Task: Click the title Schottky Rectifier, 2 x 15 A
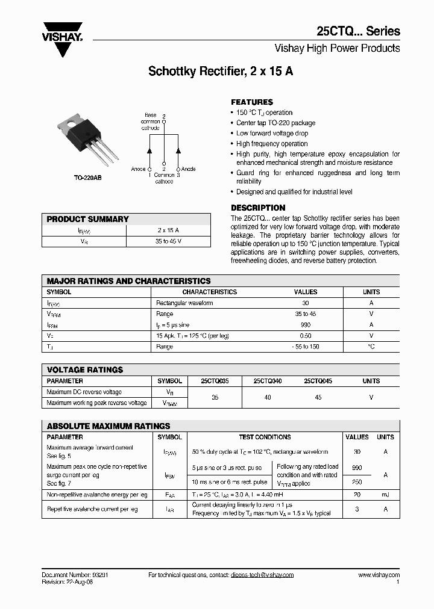coord(221,71)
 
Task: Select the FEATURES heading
coord(252,102)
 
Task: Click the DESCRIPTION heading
coord(258,208)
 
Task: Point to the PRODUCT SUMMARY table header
coord(88,219)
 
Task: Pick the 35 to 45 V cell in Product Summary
coord(168,241)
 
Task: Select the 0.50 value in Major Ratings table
coord(306,335)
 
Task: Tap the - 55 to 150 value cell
coord(305,347)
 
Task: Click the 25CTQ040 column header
coord(267,381)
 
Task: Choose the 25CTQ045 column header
coord(318,381)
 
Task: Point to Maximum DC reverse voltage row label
coord(84,392)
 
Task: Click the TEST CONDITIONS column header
coord(265,437)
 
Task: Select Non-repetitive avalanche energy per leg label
coord(96,494)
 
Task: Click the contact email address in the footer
coord(262,575)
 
